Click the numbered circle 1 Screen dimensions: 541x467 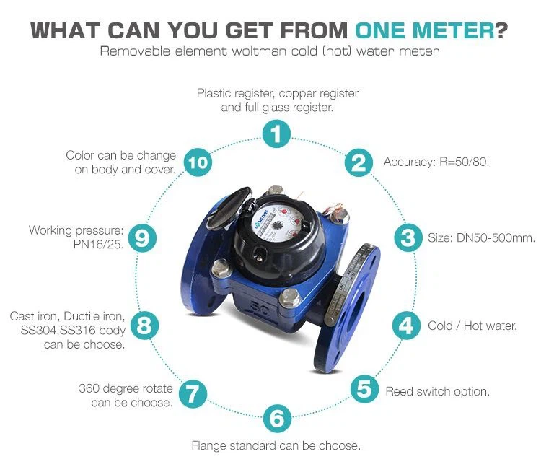pos(276,134)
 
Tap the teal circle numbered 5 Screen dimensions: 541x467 pos(365,389)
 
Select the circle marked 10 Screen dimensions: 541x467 pos(198,162)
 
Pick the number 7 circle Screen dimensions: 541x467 pos(193,394)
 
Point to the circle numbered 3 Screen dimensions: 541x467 pos(408,237)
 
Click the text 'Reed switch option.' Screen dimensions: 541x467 pos(438,391)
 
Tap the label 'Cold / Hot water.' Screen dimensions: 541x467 pos(472,326)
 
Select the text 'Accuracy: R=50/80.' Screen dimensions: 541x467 pos(436,162)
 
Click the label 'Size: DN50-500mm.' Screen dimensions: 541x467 pos(481,237)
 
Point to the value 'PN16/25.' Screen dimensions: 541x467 pos(98,245)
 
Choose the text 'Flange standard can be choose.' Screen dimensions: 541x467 pos(276,445)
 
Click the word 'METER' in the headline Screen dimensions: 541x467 pos(454,30)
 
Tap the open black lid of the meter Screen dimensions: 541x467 pos(229,209)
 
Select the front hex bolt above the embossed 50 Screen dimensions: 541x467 pos(289,298)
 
